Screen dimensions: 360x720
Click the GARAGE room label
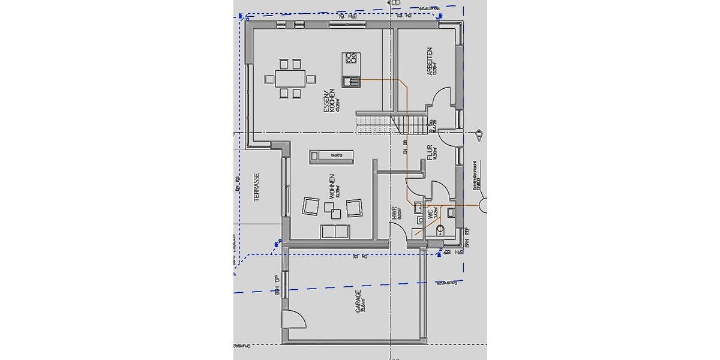358,302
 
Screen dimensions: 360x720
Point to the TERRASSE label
256,187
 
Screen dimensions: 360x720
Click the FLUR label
430,151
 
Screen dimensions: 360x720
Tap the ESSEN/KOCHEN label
328,101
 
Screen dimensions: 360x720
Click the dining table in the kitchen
291,78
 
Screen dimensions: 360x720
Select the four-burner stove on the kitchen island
350,59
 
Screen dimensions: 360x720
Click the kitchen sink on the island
350,81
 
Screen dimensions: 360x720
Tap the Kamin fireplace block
331,156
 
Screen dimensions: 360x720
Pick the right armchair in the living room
354,207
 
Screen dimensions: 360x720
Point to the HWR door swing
398,232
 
